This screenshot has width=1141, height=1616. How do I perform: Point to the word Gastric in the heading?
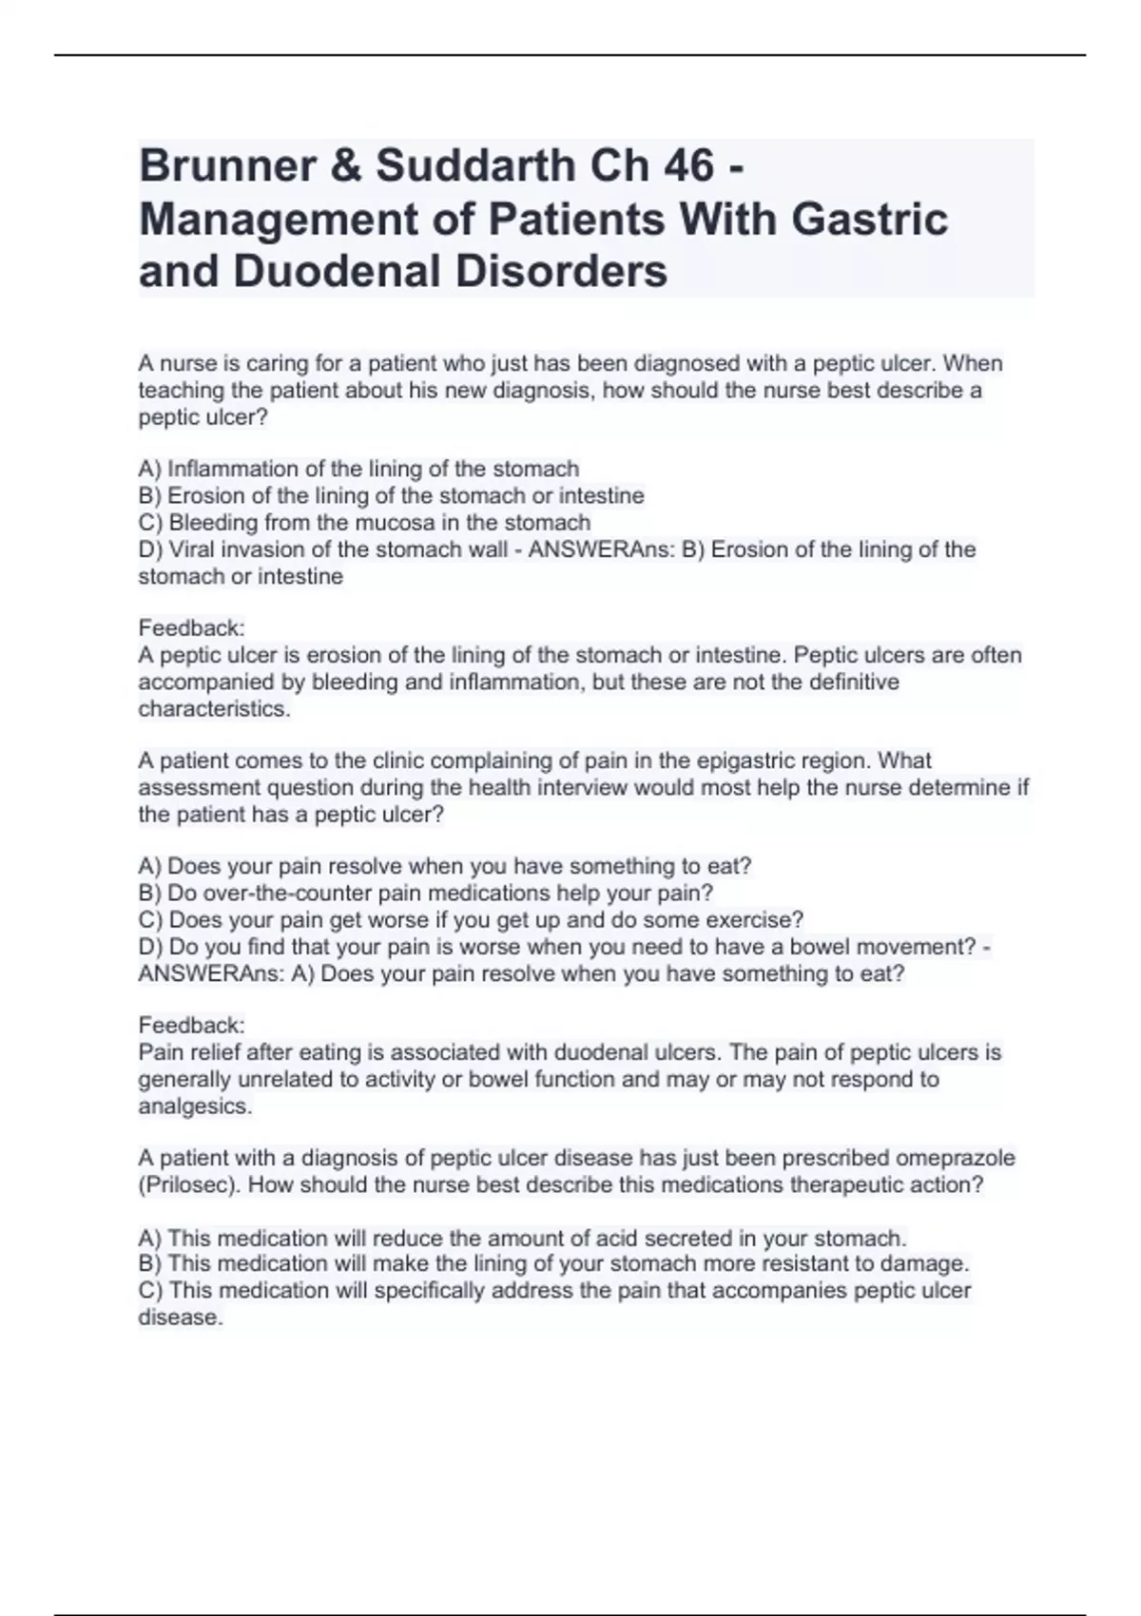pyautogui.click(x=870, y=220)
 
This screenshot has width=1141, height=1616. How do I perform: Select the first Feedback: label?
pyautogui.click(x=192, y=628)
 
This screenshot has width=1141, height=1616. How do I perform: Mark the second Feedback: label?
pyautogui.click(x=192, y=1026)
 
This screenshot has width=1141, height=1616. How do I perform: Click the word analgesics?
pyautogui.click(x=195, y=1106)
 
